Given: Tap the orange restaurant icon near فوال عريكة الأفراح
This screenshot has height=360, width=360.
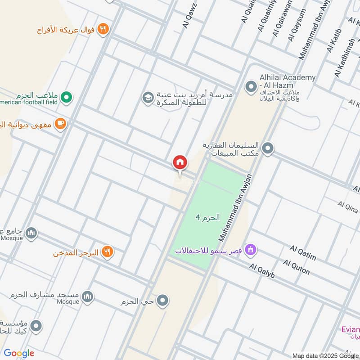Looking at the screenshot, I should point(103,29).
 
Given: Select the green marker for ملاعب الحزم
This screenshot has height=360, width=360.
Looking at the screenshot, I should point(67,96).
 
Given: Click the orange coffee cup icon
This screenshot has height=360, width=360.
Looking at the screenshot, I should point(60,123).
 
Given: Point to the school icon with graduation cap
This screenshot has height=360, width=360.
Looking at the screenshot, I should point(147,97).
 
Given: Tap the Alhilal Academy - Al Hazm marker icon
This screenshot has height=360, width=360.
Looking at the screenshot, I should point(250,85).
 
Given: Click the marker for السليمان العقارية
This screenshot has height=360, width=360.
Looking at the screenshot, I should point(268,148).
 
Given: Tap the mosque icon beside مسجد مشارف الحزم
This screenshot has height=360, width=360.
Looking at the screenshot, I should point(88,296).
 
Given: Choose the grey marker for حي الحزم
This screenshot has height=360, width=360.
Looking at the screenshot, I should point(163,300).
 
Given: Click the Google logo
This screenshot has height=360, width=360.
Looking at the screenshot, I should point(19,353).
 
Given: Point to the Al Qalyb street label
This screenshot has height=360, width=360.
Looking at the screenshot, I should point(262,270).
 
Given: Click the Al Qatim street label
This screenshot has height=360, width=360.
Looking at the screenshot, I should point(303,253).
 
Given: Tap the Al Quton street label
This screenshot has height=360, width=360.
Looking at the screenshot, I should point(297,266).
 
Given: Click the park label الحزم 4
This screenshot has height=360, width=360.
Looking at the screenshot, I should point(207,217).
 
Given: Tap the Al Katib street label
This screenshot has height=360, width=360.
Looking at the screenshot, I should point(335,40).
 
